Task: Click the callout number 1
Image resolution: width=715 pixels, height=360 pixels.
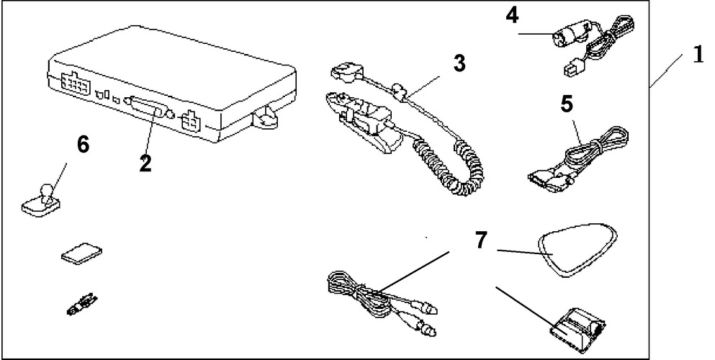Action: coord(696,55)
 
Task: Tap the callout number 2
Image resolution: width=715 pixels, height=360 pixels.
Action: coord(145,163)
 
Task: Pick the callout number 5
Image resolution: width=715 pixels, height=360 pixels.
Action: coord(567,104)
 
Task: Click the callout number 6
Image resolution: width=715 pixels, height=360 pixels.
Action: coord(84,145)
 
